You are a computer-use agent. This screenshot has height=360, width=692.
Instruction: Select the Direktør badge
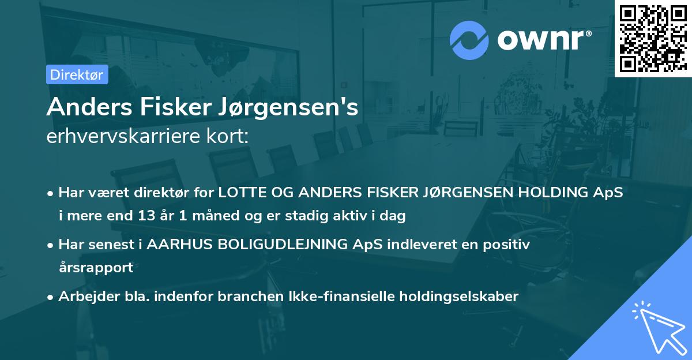77,74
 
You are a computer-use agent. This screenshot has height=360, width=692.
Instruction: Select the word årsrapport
96,268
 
